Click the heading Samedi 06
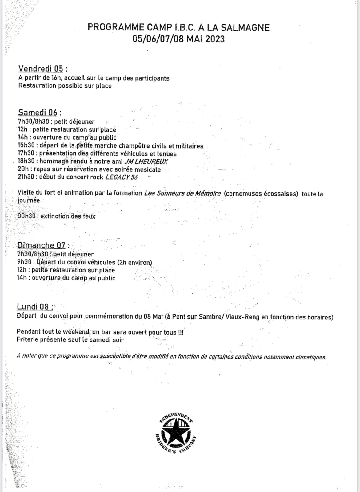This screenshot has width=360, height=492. pyautogui.click(x=38, y=112)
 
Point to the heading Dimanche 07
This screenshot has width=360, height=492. pyautogui.click(x=41, y=245)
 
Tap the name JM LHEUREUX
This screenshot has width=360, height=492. pyautogui.click(x=146, y=161)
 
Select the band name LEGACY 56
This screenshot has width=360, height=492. pyautogui.click(x=121, y=177)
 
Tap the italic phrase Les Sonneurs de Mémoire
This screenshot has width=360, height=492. pyautogui.click(x=182, y=193)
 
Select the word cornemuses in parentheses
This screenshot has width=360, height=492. pyautogui.click(x=243, y=194)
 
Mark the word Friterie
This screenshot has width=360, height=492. pyautogui.click(x=29, y=340)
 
